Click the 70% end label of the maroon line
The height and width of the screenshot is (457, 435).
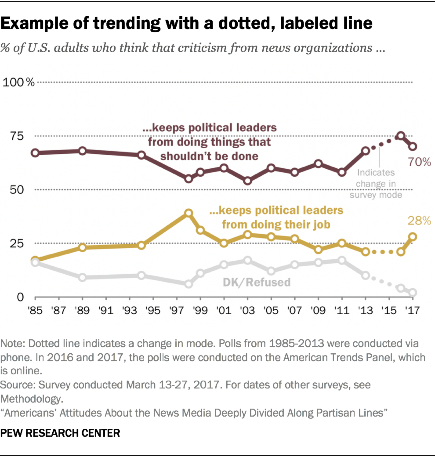419,162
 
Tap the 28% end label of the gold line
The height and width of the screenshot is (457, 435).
419,220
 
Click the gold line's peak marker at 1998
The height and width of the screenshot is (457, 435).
189,213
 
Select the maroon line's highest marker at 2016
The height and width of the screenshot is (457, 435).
401,136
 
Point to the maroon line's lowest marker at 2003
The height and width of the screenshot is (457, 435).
248,181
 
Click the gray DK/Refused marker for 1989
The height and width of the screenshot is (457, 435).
82,277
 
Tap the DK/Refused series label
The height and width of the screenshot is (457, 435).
256,282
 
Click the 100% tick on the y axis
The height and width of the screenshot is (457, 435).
19,82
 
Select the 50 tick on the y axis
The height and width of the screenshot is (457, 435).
17,190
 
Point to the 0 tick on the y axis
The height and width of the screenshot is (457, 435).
20,297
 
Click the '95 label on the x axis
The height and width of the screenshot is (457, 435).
153,310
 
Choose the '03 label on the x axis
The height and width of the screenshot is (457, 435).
248,310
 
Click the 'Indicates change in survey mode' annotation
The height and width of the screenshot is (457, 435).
376,184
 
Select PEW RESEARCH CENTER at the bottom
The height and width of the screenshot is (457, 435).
60,433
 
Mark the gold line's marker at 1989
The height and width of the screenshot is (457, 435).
82,247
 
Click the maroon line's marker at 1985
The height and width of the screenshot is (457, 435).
35,153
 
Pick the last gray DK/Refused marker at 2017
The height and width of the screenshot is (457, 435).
413,292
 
